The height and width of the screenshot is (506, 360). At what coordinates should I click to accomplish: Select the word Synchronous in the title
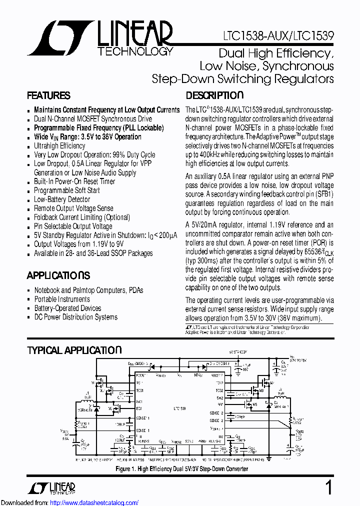tap(298, 66)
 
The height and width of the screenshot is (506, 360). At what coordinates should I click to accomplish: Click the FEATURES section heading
tap(48, 96)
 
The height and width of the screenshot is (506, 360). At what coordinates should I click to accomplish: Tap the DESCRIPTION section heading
tap(214, 96)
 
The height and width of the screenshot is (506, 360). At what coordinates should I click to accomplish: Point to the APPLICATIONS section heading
tap(58, 275)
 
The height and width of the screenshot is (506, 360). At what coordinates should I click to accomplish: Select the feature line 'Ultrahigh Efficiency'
tap(59, 145)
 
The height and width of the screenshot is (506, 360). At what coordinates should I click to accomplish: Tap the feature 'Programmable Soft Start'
tap(66, 190)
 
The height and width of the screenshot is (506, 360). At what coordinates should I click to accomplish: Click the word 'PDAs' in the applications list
tap(135, 290)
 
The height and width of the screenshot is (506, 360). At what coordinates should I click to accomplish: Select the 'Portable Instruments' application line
tap(62, 299)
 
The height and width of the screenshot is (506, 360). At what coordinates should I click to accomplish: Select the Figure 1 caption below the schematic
tap(182, 469)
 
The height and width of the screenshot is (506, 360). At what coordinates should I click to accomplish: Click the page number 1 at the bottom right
tap(328, 487)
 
